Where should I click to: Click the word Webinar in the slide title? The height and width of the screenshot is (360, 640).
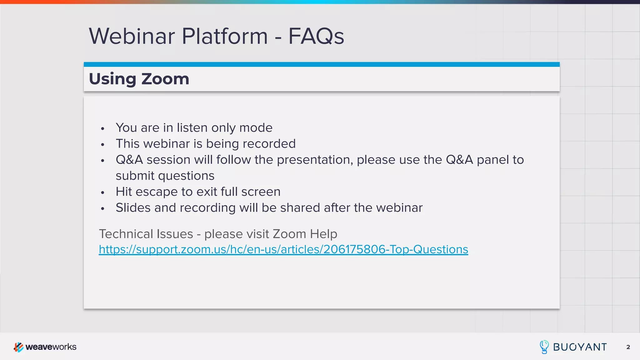pyautogui.click(x=132, y=37)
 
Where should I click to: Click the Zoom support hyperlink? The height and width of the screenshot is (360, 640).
pyautogui.click(x=283, y=249)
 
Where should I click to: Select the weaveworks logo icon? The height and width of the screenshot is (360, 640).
pyautogui.click(x=18, y=347)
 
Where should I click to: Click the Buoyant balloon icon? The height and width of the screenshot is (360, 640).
pyautogui.click(x=544, y=347)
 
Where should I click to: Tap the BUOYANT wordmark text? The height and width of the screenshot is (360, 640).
pyautogui.click(x=580, y=347)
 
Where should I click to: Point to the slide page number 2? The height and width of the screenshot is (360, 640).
pyautogui.click(x=628, y=347)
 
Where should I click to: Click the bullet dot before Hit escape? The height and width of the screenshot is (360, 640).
pyautogui.click(x=102, y=192)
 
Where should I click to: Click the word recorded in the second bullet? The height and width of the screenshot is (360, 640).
pyautogui.click(x=269, y=144)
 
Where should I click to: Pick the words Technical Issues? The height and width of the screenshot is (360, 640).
pyautogui.click(x=146, y=234)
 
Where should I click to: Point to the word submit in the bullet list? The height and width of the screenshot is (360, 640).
pyautogui.click(x=135, y=176)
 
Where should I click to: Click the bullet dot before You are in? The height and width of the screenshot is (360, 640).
pyautogui.click(x=102, y=128)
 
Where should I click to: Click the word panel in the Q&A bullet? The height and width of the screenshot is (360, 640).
pyautogui.click(x=493, y=160)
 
